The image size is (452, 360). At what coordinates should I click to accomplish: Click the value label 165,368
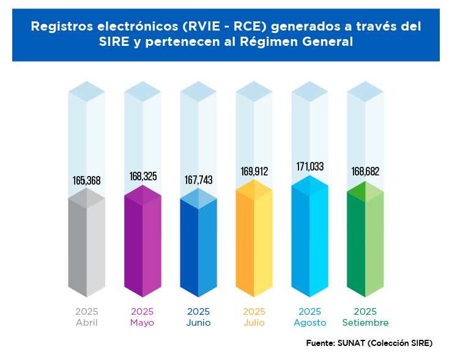(x=86, y=180)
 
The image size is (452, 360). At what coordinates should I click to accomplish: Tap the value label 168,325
(x=143, y=176)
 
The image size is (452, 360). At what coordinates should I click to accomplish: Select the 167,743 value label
(x=198, y=180)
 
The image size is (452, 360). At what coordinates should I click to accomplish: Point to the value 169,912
(x=254, y=171)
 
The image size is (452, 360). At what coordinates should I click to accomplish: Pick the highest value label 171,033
(x=309, y=166)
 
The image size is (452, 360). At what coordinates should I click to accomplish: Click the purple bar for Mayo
(x=143, y=244)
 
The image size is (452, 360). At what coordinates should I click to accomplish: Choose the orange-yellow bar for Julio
(x=254, y=241)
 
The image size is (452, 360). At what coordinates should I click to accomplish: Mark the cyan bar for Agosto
(x=309, y=238)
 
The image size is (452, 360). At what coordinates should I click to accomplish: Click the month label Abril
(x=86, y=323)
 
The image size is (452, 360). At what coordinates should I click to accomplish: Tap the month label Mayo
(x=143, y=323)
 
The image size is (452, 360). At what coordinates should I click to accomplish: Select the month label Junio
(x=198, y=323)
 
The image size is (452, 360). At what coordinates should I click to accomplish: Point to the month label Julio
(x=254, y=323)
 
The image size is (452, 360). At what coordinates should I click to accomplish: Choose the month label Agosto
(x=309, y=323)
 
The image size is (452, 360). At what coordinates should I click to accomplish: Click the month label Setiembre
(x=365, y=323)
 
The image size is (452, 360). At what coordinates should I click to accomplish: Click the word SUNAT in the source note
(x=351, y=343)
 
